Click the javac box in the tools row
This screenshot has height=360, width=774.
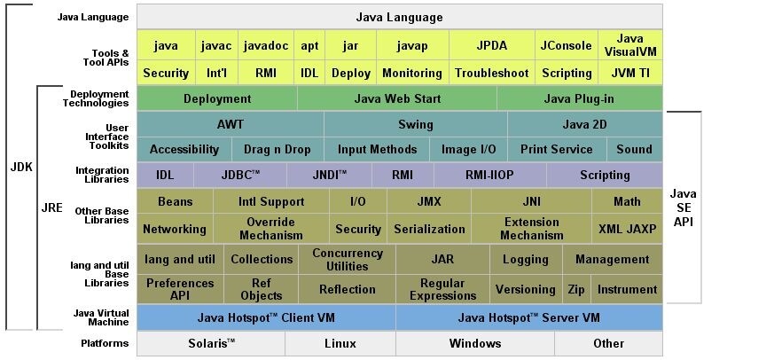coord(216,45)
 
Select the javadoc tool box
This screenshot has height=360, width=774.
coord(266,45)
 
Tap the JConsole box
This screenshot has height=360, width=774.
coord(567,45)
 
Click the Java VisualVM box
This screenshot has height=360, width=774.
coord(630,45)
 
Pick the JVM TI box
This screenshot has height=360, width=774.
coord(630,73)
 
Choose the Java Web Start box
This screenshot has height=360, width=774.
coord(397,98)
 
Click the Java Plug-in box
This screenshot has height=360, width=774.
coord(580,98)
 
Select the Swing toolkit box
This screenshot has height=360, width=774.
coord(416,124)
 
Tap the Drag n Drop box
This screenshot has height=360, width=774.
coord(278,149)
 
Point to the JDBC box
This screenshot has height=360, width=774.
coord(240,175)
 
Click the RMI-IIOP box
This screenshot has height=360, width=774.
coord(489,175)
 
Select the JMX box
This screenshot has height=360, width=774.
coord(429,201)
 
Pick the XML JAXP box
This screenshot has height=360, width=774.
coord(628,229)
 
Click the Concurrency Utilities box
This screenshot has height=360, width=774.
coord(347,259)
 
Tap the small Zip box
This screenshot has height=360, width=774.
coord(576,289)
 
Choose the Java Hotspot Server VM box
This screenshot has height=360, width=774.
coord(529,317)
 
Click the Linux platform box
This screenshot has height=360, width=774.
coord(340,343)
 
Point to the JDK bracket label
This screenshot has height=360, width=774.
coord(21,167)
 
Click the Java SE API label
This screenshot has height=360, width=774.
coord(684,207)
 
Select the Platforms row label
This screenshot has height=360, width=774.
coord(105,343)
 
